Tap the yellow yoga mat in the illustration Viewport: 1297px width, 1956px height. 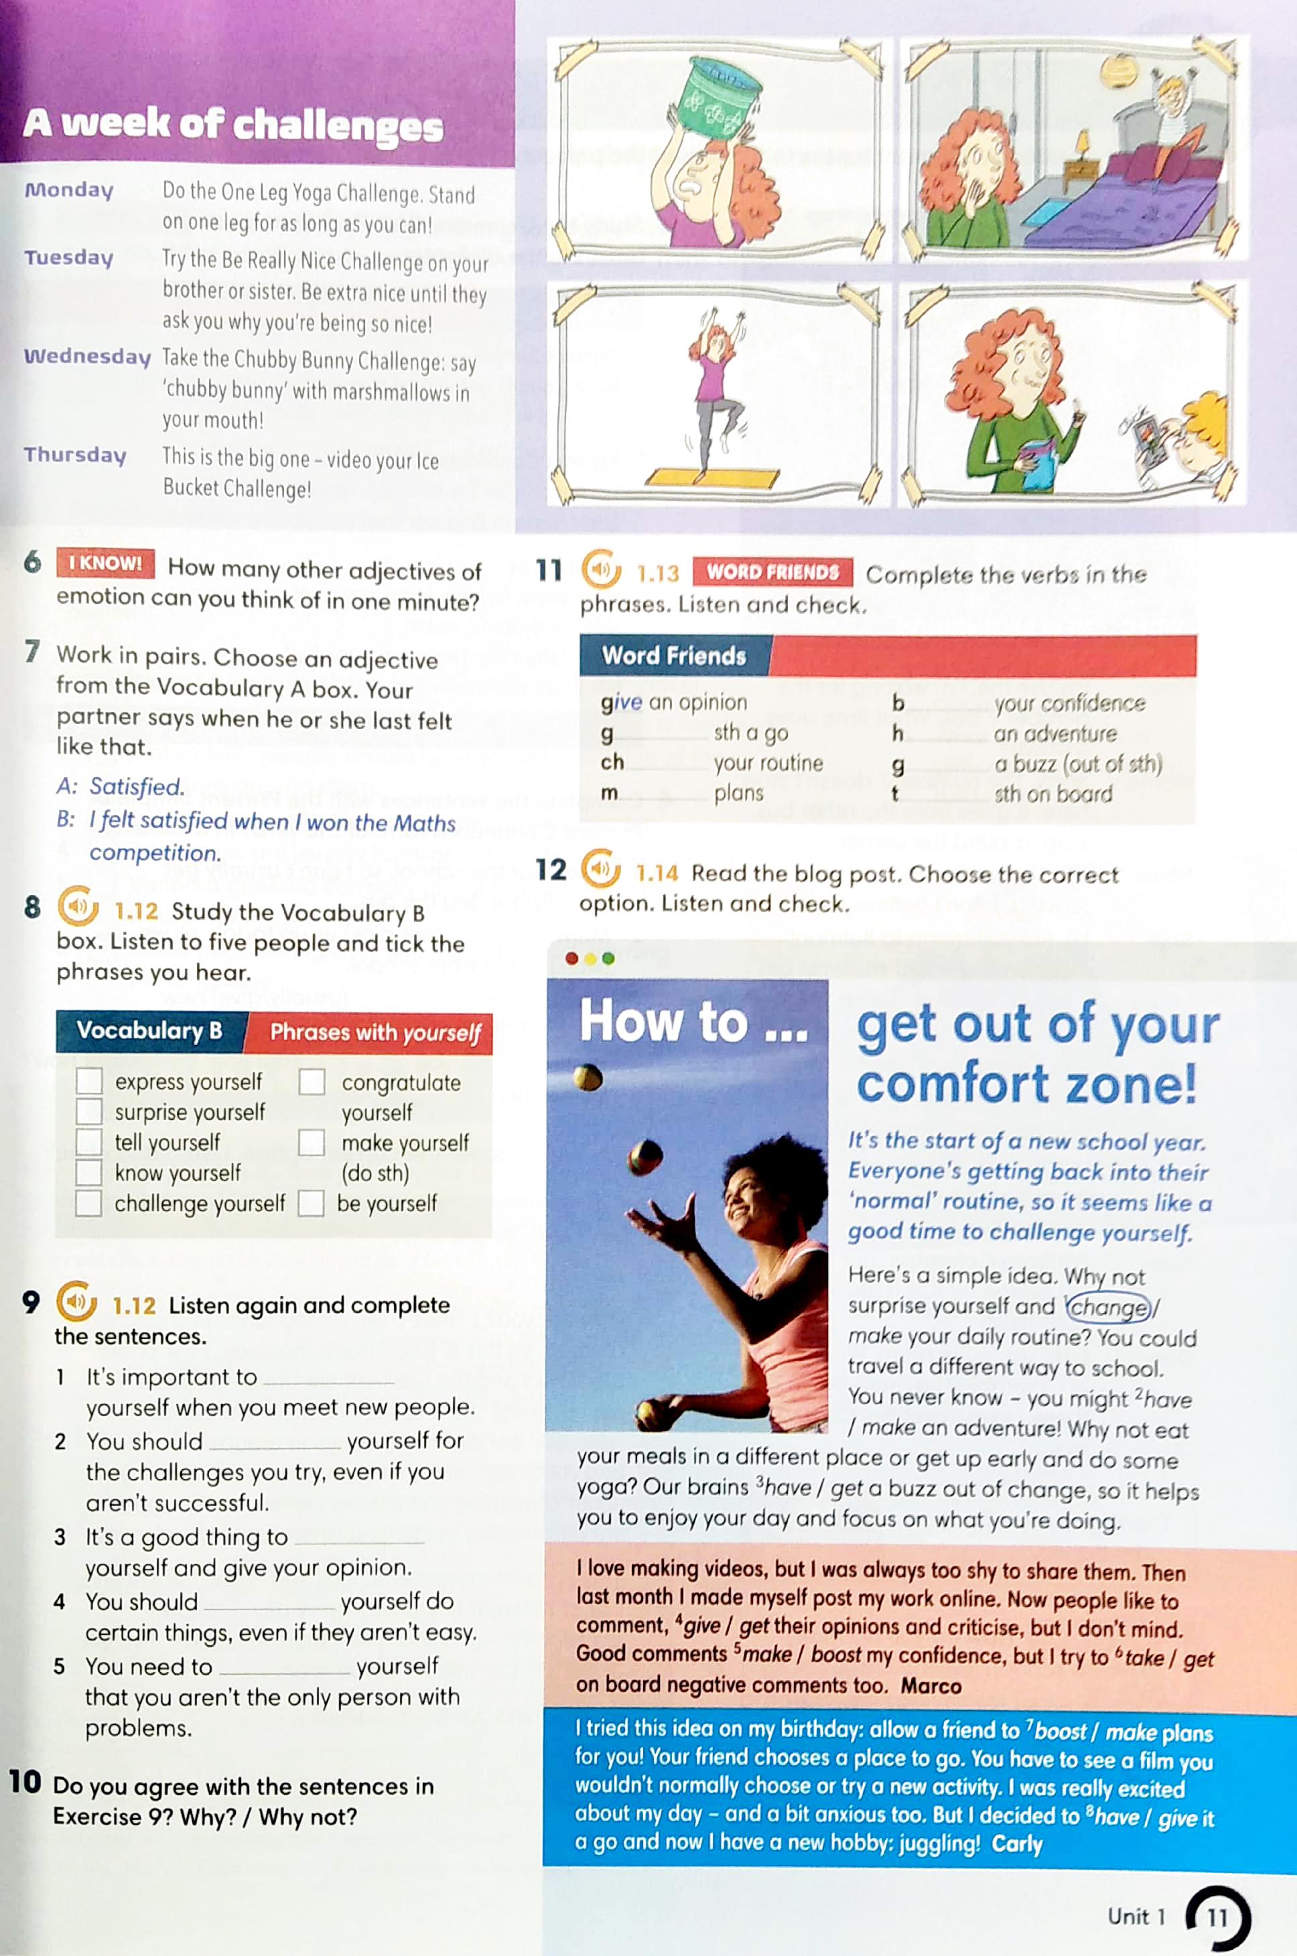pos(711,476)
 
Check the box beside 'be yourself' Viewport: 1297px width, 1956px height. pos(311,1202)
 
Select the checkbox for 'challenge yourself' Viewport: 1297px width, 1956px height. pos(88,1202)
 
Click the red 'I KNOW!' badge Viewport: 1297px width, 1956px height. pos(106,563)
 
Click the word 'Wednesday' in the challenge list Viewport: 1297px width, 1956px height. pos(87,356)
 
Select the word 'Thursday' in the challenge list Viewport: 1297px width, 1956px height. pos(75,455)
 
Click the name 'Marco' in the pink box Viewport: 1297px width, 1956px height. pos(931,1685)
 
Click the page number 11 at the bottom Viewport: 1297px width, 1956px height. pos(1217,1917)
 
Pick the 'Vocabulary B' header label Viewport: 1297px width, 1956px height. pos(149,1030)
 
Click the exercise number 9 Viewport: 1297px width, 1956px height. pos(31,1303)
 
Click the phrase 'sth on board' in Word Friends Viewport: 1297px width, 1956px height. pos(1053,794)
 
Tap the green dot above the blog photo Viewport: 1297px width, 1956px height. pos(609,959)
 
